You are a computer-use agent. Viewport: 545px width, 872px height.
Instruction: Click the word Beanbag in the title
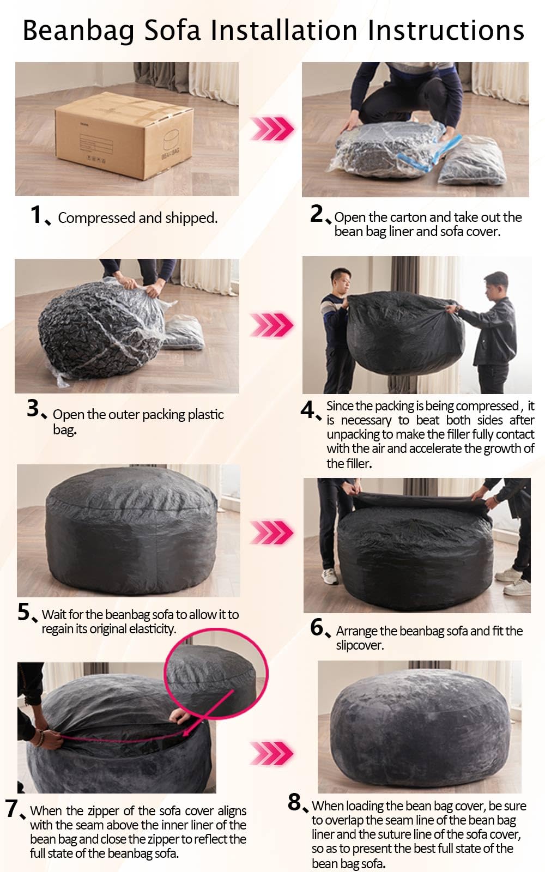click(x=78, y=31)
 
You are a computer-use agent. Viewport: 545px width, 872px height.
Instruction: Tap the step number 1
click(x=36, y=215)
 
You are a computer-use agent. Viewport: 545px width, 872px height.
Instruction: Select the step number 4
click(x=307, y=409)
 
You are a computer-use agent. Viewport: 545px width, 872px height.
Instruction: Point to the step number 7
click(x=11, y=808)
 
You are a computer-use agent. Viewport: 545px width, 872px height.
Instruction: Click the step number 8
click(x=295, y=802)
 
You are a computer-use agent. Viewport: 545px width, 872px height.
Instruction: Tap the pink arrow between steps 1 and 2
click(x=272, y=128)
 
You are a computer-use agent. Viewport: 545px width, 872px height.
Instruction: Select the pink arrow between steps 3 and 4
click(x=272, y=324)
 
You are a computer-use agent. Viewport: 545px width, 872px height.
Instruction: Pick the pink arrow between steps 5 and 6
click(x=272, y=532)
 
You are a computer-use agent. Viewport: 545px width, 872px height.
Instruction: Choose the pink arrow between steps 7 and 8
click(x=272, y=753)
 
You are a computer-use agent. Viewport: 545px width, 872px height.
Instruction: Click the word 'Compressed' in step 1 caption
click(x=96, y=218)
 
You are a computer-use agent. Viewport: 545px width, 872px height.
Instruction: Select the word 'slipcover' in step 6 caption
click(x=359, y=645)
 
